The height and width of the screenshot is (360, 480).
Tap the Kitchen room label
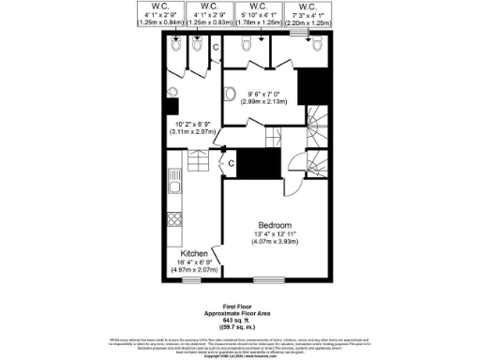194,254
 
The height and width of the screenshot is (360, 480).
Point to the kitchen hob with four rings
173,221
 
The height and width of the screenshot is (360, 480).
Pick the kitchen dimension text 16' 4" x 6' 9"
194,263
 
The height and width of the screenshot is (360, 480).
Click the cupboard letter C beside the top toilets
215,46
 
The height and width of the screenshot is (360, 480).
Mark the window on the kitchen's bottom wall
191,280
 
